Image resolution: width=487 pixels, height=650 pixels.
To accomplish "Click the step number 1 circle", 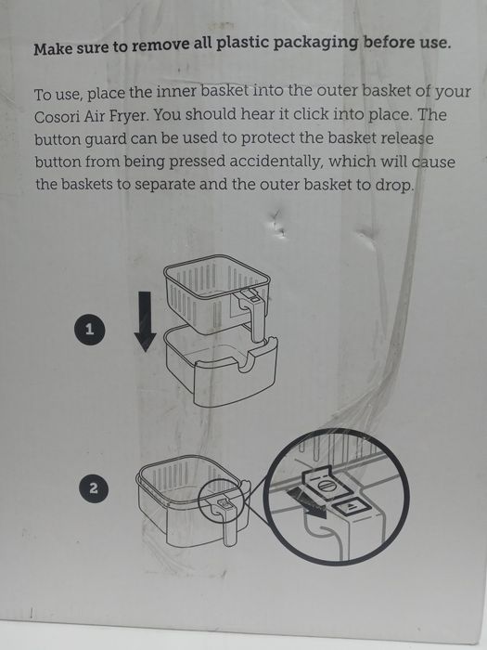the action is click(x=89, y=330).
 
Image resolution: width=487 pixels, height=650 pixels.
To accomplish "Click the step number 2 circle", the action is click(x=94, y=488).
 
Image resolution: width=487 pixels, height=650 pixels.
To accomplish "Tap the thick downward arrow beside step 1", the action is click(x=145, y=321).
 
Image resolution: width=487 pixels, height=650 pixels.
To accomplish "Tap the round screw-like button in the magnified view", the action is click(x=325, y=486).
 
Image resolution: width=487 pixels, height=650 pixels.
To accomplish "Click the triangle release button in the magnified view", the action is click(x=348, y=507).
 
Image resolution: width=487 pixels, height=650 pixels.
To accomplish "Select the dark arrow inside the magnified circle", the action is click(x=306, y=502).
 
